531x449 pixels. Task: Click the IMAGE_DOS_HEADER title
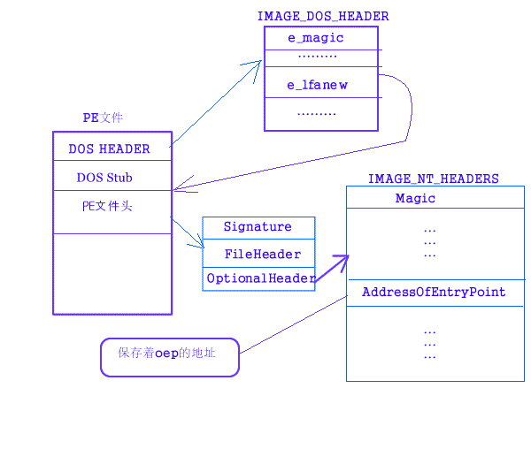[x=322, y=16]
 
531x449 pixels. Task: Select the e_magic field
[x=316, y=38]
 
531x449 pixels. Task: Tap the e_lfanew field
[x=317, y=85]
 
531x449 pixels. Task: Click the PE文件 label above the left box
[x=103, y=118]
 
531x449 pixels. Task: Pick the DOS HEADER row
[x=110, y=148]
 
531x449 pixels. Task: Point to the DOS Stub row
[x=104, y=177]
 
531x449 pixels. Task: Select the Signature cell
[x=258, y=227]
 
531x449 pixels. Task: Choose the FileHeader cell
[x=262, y=255]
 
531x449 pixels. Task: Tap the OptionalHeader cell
[x=260, y=278]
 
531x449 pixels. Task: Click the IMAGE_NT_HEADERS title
[x=433, y=179]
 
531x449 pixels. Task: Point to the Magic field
[x=415, y=199]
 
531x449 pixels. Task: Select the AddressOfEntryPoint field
[x=434, y=292]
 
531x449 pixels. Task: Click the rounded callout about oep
[x=170, y=357]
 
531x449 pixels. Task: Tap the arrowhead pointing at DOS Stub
[x=177, y=188]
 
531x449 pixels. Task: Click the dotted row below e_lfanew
[x=317, y=114]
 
